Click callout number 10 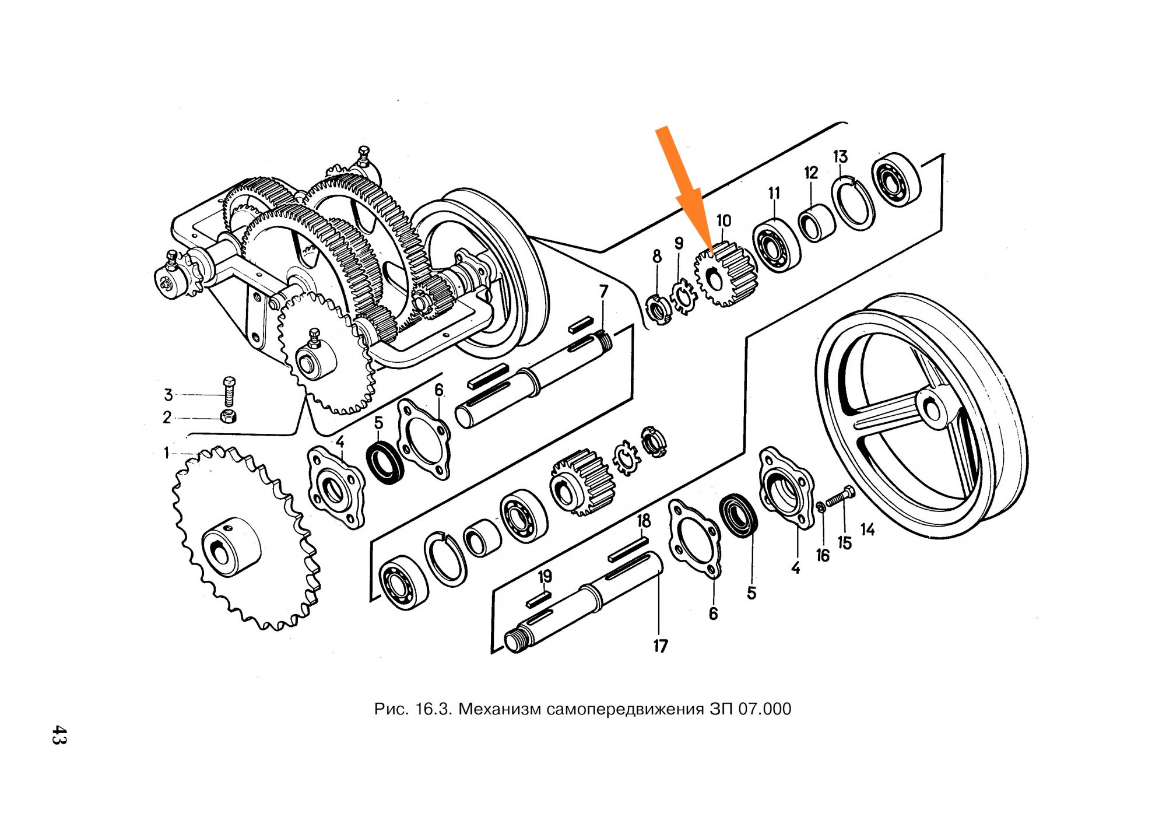(724, 221)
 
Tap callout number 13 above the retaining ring (840, 157)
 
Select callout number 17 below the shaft (660, 646)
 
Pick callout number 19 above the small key (545, 577)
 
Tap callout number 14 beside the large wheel (868, 530)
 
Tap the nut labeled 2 (229, 416)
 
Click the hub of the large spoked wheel (932, 406)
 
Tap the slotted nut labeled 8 (660, 309)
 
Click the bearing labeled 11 (776, 246)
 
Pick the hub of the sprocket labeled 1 (231, 545)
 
